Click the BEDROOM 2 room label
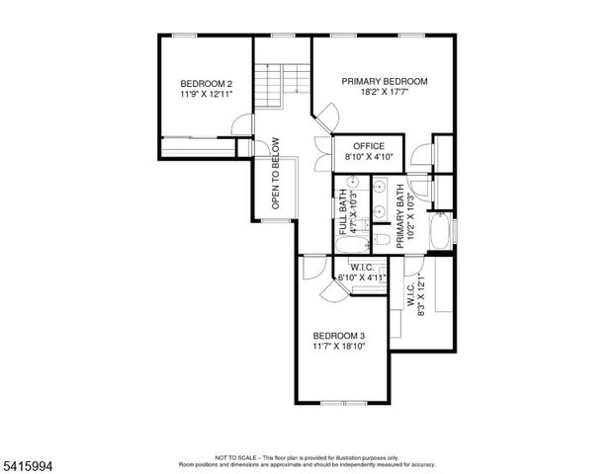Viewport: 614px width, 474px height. [x=207, y=84]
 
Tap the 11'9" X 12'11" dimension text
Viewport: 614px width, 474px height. [x=207, y=96]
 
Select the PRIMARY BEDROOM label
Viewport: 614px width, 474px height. [x=385, y=81]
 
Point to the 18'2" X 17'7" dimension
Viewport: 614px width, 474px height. [x=385, y=93]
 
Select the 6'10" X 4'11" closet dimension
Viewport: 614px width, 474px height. [x=362, y=277]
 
